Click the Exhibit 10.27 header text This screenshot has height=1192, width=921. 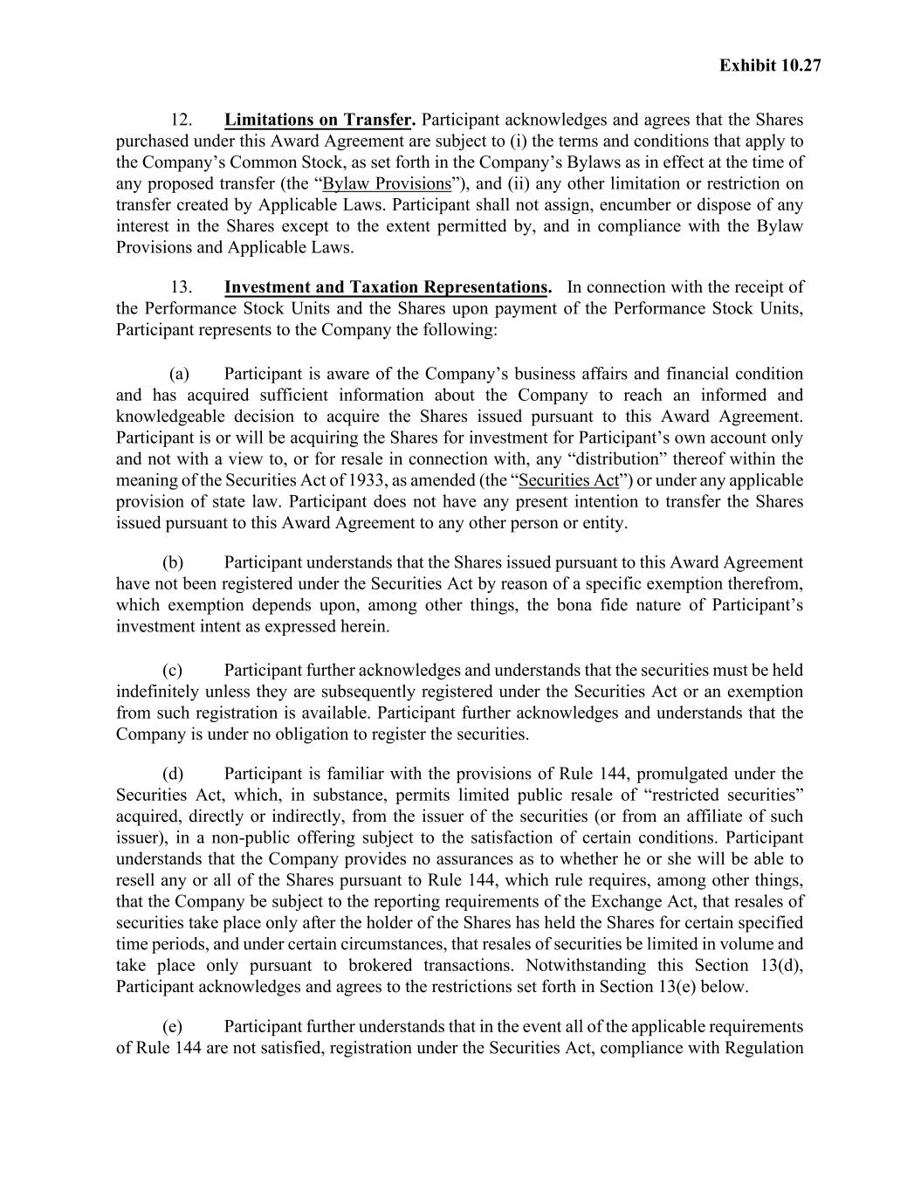pos(770,65)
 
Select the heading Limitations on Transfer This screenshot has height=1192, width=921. pos(318,120)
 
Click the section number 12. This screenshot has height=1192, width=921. pos(181,120)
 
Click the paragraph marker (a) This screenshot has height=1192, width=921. pos(179,374)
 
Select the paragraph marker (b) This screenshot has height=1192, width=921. pos(173,562)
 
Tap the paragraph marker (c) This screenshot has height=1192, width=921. pos(173,671)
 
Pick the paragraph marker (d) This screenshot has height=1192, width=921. pos(173,774)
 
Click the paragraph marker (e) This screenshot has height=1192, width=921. pos(173,1026)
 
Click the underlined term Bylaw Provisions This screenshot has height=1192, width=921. pos(387,184)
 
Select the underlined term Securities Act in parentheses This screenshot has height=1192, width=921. pos(568,480)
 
